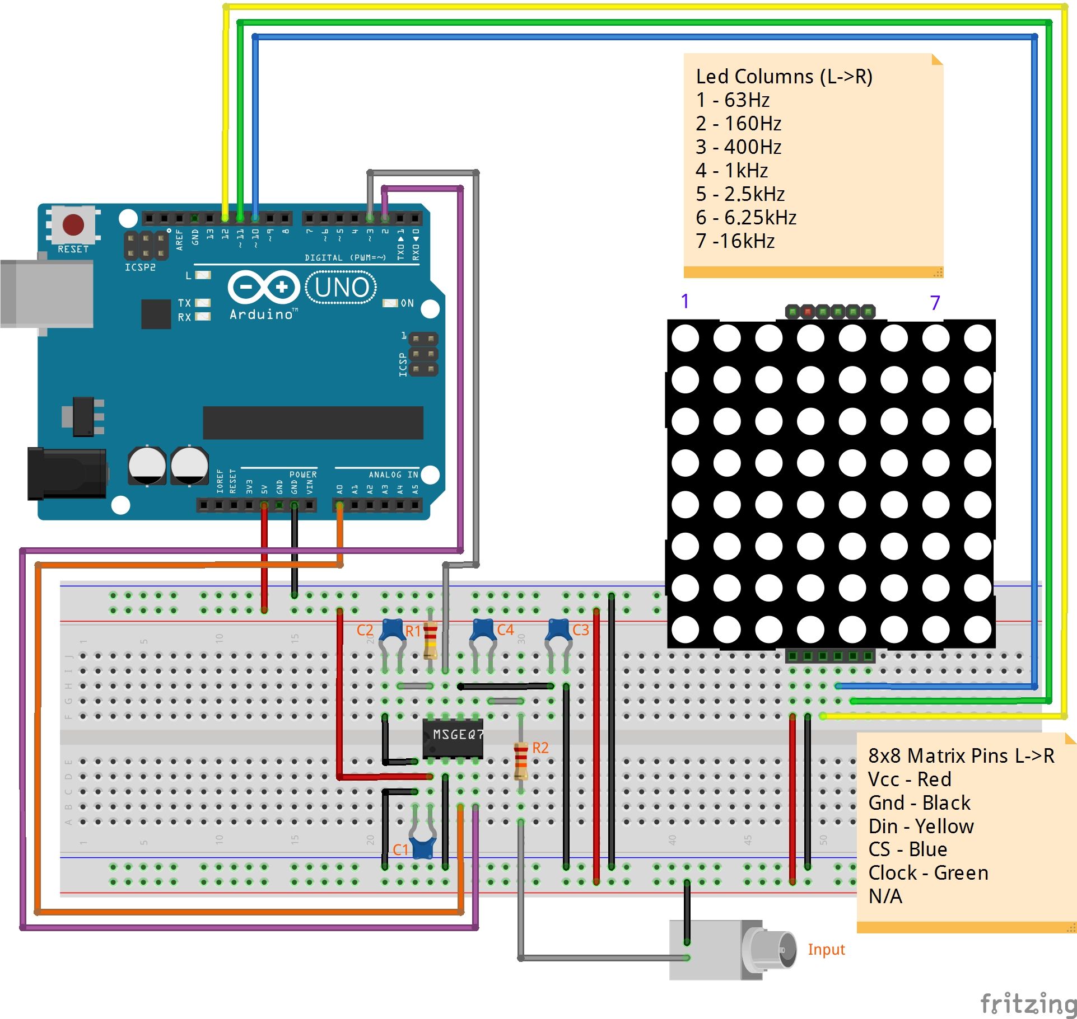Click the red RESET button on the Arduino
click(x=73, y=224)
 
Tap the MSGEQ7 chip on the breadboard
click(x=453, y=738)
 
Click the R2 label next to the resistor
click(x=540, y=748)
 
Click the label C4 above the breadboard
click(x=505, y=630)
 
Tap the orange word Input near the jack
click(x=826, y=949)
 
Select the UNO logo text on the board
click(x=341, y=288)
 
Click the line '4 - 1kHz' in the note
click(x=731, y=170)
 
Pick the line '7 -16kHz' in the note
click(x=735, y=241)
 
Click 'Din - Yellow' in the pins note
click(x=921, y=826)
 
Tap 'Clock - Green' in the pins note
click(x=928, y=872)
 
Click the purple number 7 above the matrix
click(x=934, y=303)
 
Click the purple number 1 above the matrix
click(x=684, y=302)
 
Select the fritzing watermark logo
click(x=1028, y=1003)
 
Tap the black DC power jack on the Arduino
click(x=67, y=473)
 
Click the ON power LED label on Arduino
click(x=407, y=303)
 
